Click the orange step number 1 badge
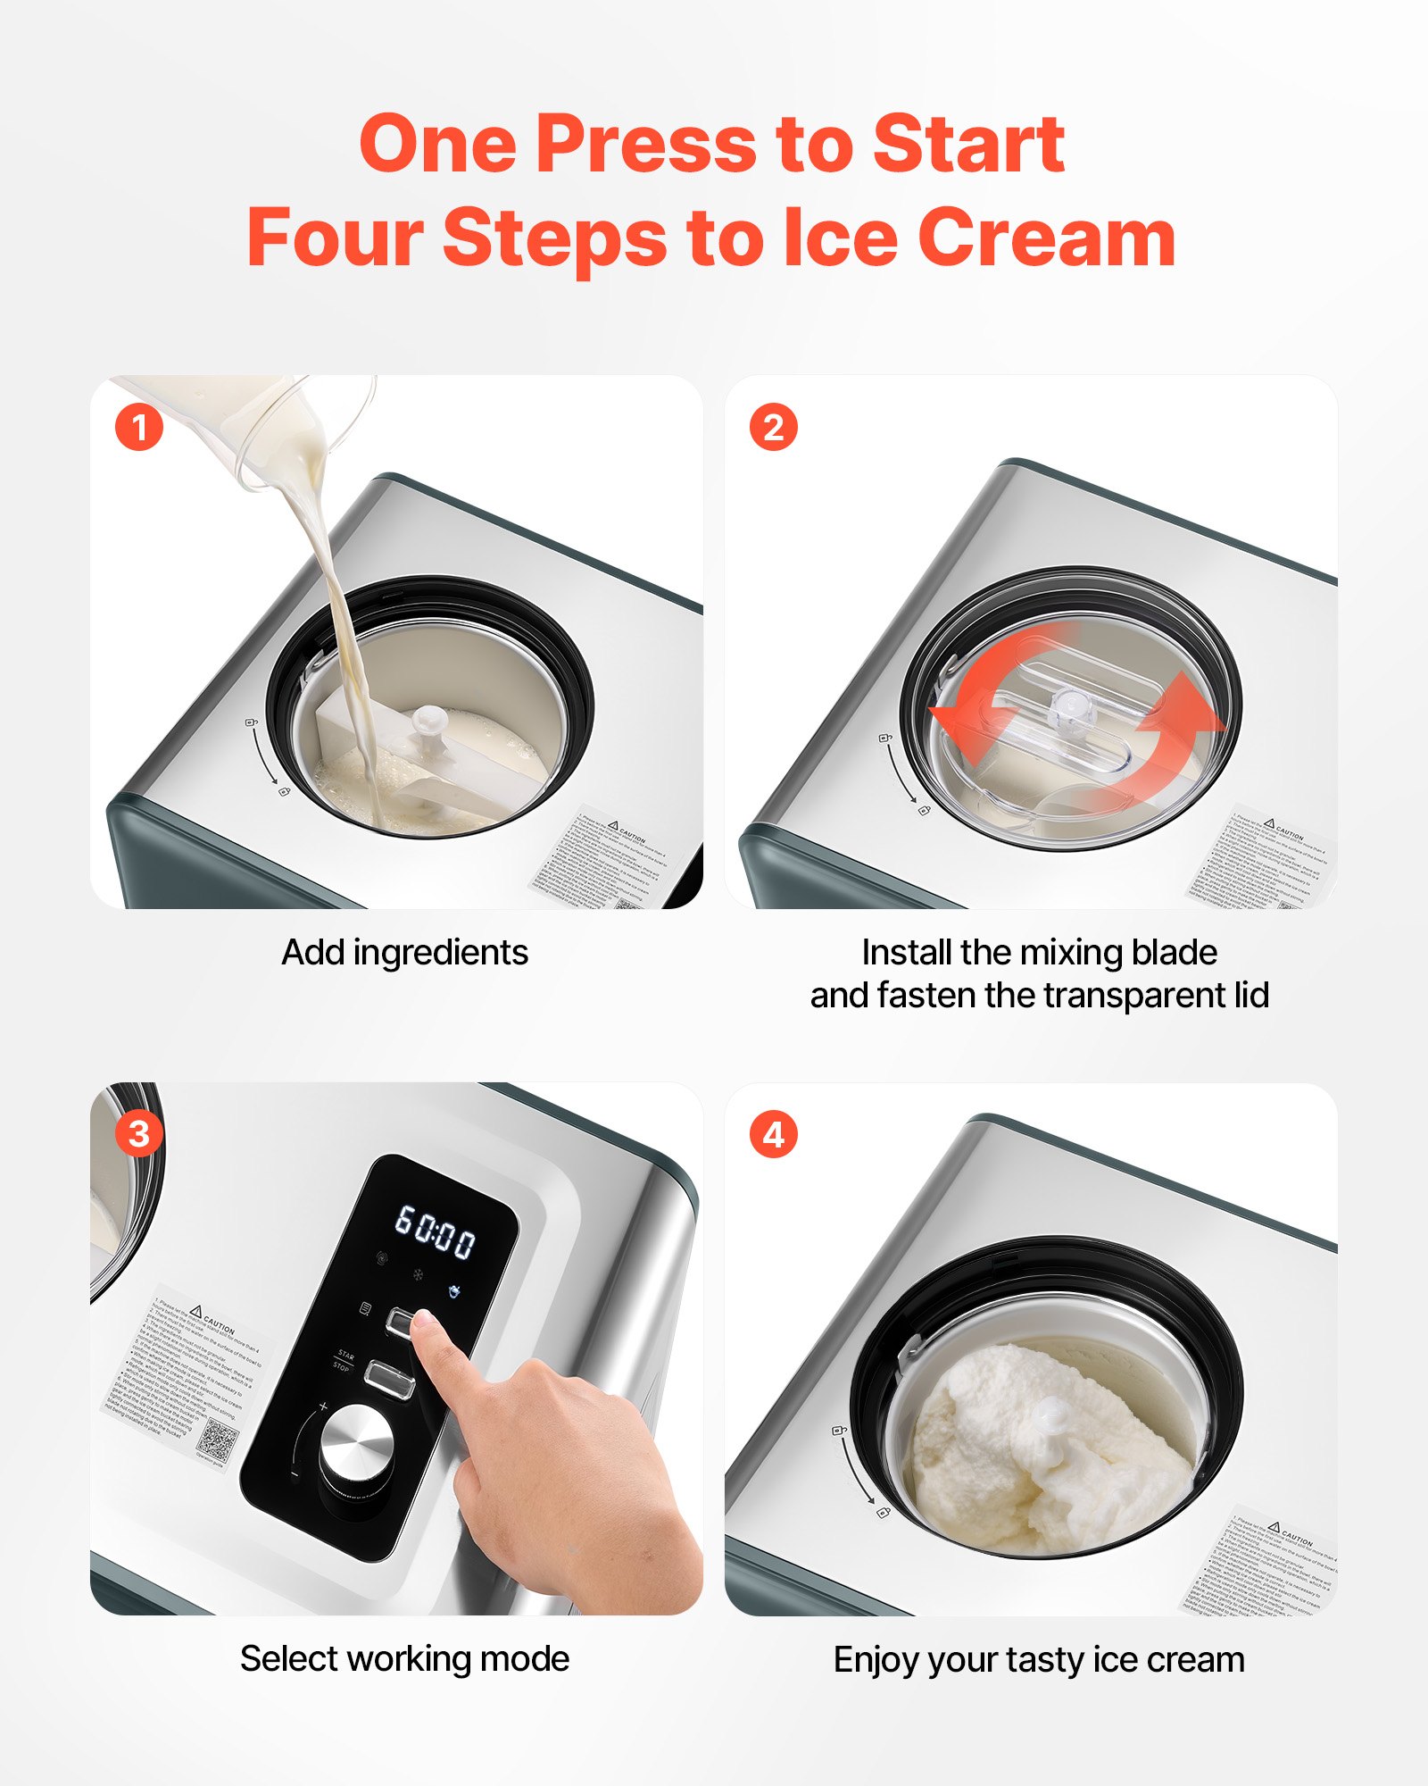point(139,427)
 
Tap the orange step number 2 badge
point(773,427)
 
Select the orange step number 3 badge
point(139,1134)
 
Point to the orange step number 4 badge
point(773,1134)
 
